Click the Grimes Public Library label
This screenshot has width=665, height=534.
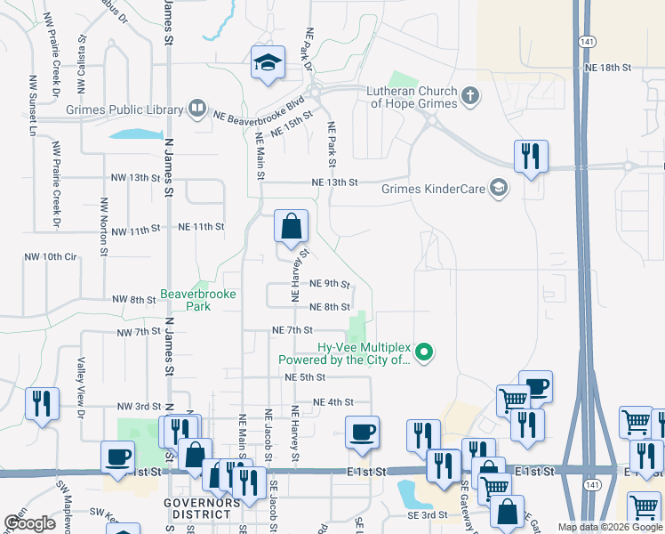[123, 111]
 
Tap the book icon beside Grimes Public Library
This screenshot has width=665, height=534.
[196, 110]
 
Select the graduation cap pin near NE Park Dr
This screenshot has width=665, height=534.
[267, 62]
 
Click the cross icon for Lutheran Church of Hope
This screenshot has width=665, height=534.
[470, 93]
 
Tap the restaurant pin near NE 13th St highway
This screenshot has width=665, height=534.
[531, 157]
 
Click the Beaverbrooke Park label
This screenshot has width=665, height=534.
[186, 299]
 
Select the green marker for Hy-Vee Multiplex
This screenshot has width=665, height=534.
[424, 353]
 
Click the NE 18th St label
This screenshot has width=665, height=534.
[608, 68]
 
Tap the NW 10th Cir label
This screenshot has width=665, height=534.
[52, 256]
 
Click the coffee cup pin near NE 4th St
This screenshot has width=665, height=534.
[362, 432]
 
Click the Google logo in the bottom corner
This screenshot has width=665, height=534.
[29, 522]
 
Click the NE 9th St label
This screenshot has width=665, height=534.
[329, 284]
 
